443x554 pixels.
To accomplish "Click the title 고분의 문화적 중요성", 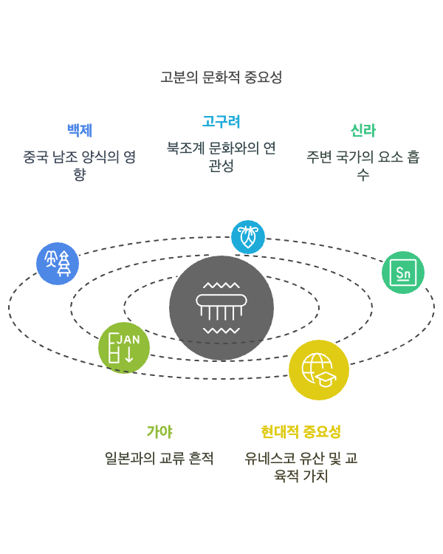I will pos(221,77).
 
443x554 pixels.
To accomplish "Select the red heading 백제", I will pos(79,130).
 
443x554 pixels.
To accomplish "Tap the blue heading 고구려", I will pos(221,121).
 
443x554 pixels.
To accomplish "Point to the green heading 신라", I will pos(363,131).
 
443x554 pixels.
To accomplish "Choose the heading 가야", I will pos(159,431).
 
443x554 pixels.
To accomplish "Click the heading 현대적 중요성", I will pos(301,431).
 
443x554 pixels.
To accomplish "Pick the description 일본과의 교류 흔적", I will pos(159,458).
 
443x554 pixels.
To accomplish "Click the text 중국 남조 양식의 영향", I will pos(79,165).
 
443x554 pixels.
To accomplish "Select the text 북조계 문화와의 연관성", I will pos(221,157).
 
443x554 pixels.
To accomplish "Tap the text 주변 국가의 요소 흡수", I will pos(363,165).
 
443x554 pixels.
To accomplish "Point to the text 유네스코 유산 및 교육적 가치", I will pos(301,467).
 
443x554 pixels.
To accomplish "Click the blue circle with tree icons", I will pos(58,264).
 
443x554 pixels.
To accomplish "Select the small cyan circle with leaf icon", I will pos(248,237).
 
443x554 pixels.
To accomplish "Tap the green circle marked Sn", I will pos(403,273).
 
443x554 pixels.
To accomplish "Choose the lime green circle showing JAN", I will pos(124,348).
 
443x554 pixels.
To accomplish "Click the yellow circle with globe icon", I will pos(319,370).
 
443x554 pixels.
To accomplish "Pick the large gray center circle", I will pos(221,308).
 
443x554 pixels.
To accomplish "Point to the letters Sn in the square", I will pos(403,273).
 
